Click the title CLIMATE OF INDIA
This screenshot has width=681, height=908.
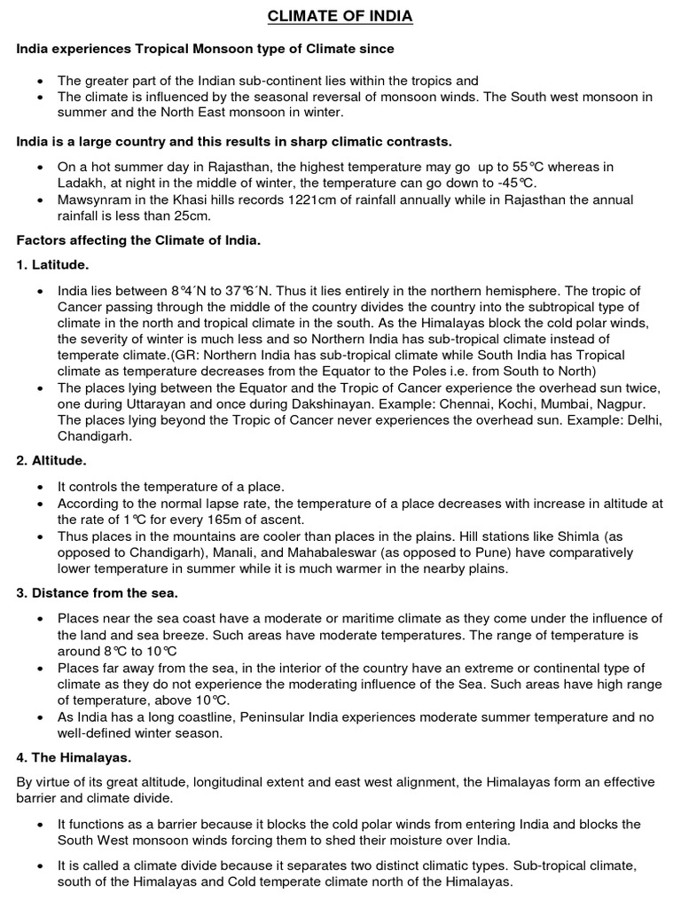point(341,17)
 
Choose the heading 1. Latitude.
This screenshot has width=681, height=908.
point(52,265)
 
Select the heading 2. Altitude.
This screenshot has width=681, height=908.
point(51,461)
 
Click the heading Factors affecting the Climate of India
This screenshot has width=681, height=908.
point(138,240)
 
